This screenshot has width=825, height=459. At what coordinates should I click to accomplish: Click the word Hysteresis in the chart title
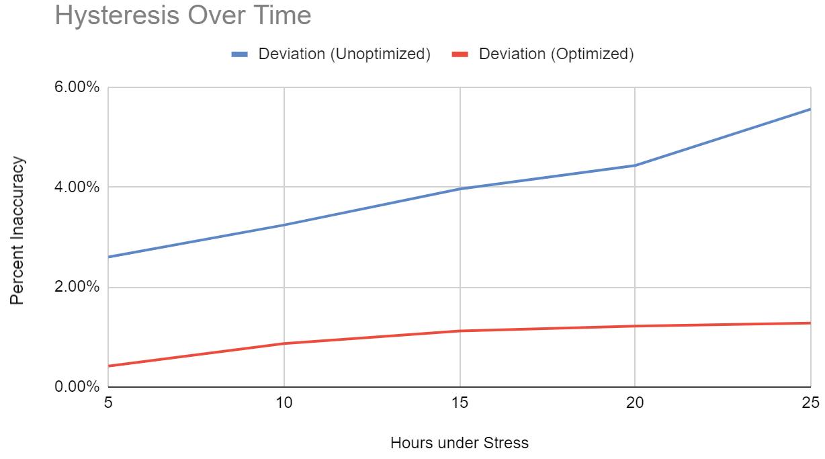click(118, 16)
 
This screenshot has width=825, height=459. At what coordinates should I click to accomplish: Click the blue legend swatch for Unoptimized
click(239, 54)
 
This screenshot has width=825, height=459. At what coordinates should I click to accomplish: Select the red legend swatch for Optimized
click(460, 54)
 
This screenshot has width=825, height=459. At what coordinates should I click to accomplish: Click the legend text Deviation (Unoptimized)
click(345, 54)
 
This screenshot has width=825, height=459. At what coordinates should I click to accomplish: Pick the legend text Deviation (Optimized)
click(556, 54)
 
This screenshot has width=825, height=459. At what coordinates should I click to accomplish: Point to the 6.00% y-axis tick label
click(77, 87)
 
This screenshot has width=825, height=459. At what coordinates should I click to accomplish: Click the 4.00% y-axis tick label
click(77, 187)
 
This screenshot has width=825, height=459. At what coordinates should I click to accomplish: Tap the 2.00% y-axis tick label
click(77, 286)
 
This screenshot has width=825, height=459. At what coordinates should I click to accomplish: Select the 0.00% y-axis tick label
click(77, 386)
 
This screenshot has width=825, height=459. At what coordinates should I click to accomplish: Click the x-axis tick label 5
click(108, 403)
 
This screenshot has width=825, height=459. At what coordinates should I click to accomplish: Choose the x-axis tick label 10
click(284, 403)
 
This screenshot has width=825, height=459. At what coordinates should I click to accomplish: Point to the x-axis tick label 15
click(460, 403)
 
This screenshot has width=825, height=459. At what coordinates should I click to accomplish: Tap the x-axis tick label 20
click(635, 403)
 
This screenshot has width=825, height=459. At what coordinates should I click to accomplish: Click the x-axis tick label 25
click(811, 403)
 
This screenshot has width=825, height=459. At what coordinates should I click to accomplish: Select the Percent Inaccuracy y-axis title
click(17, 231)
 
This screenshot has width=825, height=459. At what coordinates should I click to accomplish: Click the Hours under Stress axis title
click(460, 443)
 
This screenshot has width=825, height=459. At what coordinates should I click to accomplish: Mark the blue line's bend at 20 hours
click(635, 165)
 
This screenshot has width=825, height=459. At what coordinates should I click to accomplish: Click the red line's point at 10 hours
click(284, 343)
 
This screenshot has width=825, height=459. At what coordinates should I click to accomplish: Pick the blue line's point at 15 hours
click(460, 189)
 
